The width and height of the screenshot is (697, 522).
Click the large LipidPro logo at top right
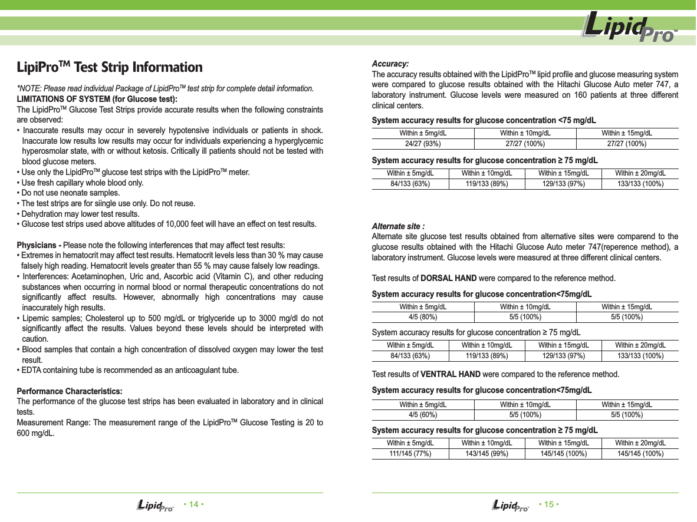pos(629,28)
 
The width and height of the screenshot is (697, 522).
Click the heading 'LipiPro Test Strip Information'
pos(110,67)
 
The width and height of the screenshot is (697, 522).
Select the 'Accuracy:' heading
pos(390,64)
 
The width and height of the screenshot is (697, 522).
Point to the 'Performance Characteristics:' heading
pos(70,391)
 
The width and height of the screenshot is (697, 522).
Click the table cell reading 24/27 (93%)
pos(423,144)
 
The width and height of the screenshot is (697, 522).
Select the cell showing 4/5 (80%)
pos(423,317)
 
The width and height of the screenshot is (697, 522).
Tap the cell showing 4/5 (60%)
pos(423,415)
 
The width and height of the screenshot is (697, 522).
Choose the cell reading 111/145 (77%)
pos(410,453)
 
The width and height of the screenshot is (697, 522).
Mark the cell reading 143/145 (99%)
pos(486,453)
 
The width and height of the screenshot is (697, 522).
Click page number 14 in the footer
pos(194,504)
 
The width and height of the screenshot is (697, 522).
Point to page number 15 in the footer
pos(549,504)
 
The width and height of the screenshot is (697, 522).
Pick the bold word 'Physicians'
pos(36,245)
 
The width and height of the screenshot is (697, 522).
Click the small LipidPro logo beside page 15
pos(510,506)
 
